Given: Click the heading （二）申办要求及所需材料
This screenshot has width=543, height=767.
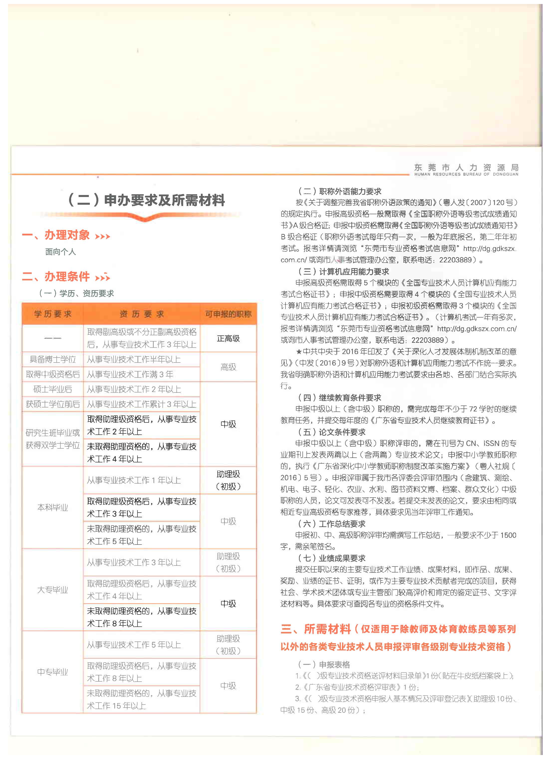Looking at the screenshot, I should click(146, 200).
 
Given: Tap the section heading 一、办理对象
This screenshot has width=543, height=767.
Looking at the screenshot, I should click(56, 235).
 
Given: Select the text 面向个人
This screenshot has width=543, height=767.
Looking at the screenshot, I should click(61, 252).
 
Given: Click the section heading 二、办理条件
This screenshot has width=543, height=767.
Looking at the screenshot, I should click(56, 277).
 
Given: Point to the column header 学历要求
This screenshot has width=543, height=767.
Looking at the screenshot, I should click(52, 314).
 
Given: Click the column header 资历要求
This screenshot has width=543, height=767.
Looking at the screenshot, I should click(141, 314).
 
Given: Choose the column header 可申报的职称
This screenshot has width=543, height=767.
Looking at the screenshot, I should click(228, 314).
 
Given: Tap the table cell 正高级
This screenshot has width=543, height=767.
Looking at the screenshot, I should click(228, 339).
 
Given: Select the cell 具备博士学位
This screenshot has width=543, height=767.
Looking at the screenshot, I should click(52, 360).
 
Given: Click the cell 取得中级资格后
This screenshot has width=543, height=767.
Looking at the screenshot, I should click(52, 374).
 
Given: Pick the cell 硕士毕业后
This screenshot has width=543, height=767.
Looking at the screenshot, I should click(52, 389).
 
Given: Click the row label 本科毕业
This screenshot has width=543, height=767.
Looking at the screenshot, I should click(52, 507).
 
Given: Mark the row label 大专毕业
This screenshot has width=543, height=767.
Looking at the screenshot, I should click(52, 590).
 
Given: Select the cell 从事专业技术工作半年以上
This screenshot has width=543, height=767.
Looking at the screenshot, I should click(134, 360).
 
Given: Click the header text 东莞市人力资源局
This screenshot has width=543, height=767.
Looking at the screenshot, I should click(466, 167).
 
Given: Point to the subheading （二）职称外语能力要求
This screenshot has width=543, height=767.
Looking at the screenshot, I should click(339, 191).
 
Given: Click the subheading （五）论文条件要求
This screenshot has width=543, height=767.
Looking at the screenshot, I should click(332, 432).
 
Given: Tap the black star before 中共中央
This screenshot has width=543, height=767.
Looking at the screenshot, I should click(299, 352).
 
